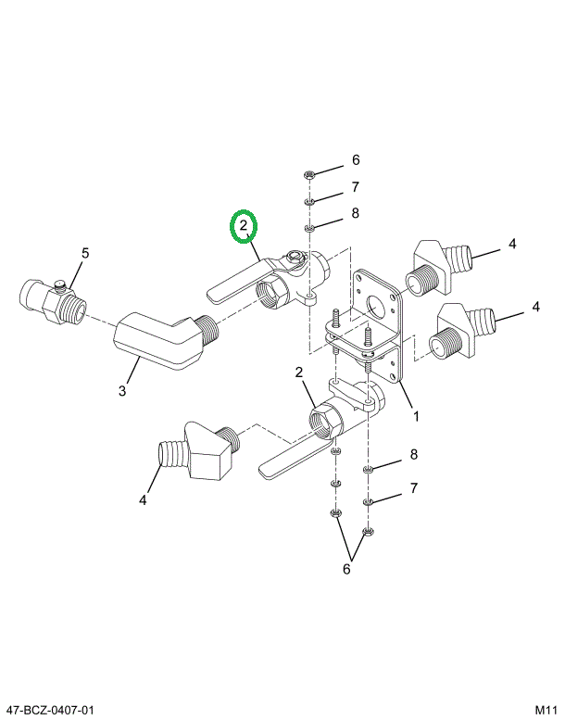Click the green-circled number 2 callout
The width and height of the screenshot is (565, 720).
pos(245,225)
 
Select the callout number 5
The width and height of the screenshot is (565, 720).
pos(85,252)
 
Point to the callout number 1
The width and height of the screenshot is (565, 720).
pos(416,416)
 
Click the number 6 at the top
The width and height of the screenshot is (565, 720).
pos(355,159)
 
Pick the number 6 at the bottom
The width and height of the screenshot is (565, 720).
pos(347,569)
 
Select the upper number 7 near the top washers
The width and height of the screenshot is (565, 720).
pos(354,187)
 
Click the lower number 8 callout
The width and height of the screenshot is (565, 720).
pos(414,454)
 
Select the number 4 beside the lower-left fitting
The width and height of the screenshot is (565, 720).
pos(143,501)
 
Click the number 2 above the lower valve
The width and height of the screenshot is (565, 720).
pos(299,373)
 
